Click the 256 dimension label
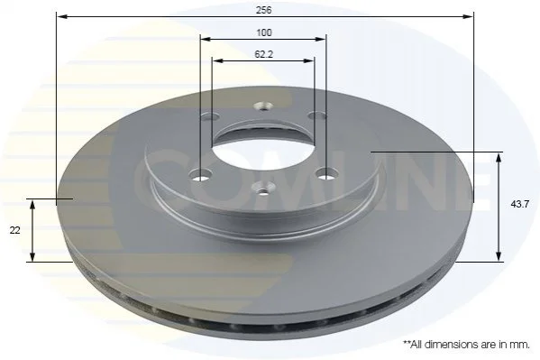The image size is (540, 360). point(263,10)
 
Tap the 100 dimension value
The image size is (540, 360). point(264,32)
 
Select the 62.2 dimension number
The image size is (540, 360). point(264,54)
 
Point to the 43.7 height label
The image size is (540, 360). point(519,204)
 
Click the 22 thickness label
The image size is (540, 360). point(14,230)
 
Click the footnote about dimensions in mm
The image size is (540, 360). point(467,344)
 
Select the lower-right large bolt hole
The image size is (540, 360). point(326,174)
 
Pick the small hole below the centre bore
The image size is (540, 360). point(263,189)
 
